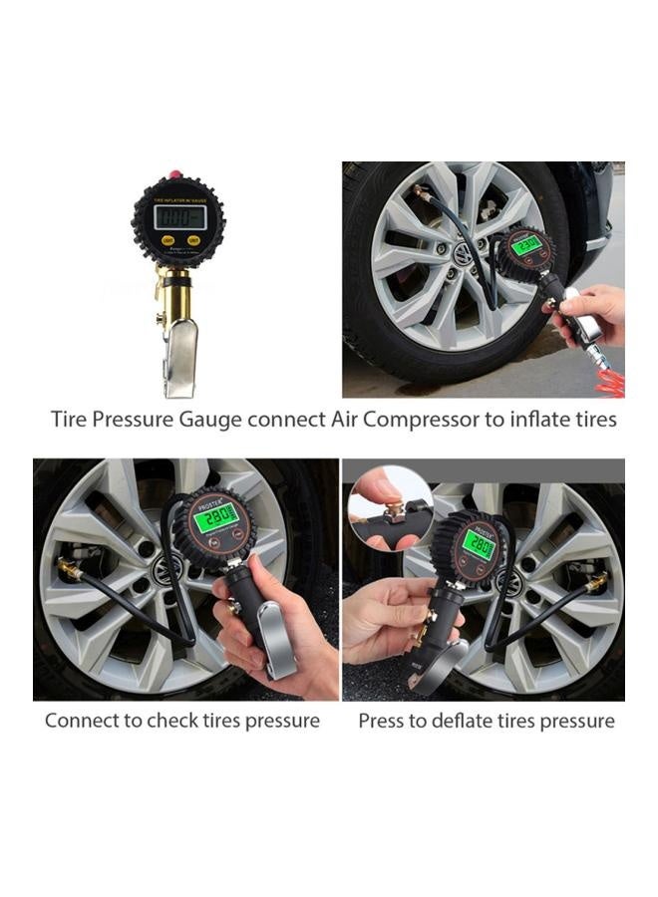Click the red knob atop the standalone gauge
point(176,175)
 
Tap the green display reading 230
point(527,242)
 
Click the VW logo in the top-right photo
point(462,256)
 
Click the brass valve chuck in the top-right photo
point(421,191)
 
